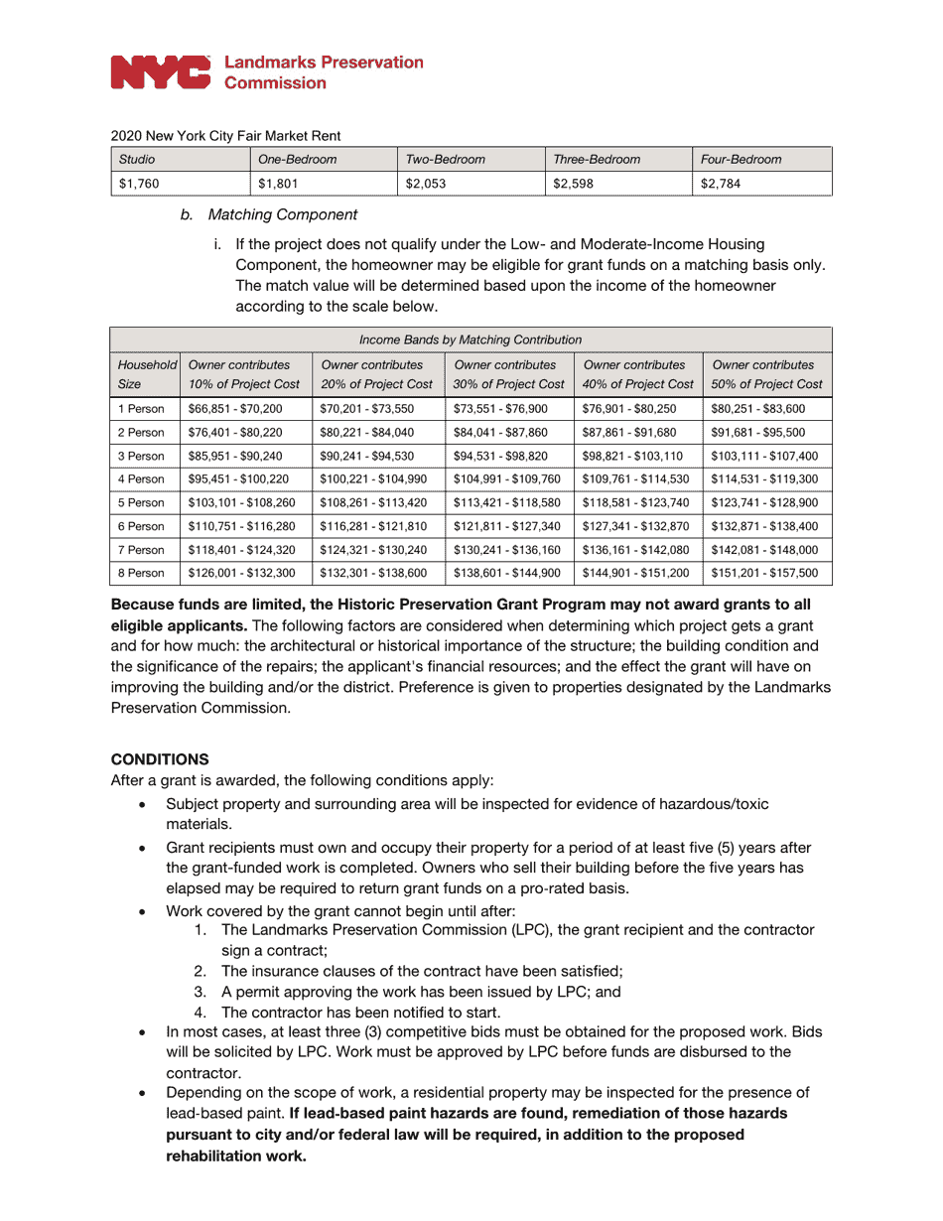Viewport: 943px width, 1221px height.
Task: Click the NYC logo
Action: click(160, 72)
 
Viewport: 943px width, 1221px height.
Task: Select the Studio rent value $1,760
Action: click(139, 183)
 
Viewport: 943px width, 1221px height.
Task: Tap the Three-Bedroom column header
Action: click(597, 159)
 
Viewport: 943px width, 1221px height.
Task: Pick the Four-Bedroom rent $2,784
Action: click(721, 183)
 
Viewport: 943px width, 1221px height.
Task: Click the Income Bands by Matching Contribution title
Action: click(471, 339)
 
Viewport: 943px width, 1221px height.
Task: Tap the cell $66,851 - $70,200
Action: click(235, 408)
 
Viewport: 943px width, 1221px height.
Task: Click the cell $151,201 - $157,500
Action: click(764, 573)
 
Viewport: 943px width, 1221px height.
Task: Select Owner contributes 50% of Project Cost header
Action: click(766, 374)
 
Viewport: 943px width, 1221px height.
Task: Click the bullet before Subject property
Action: click(144, 804)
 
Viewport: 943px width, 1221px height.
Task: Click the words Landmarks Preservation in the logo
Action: click(324, 63)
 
